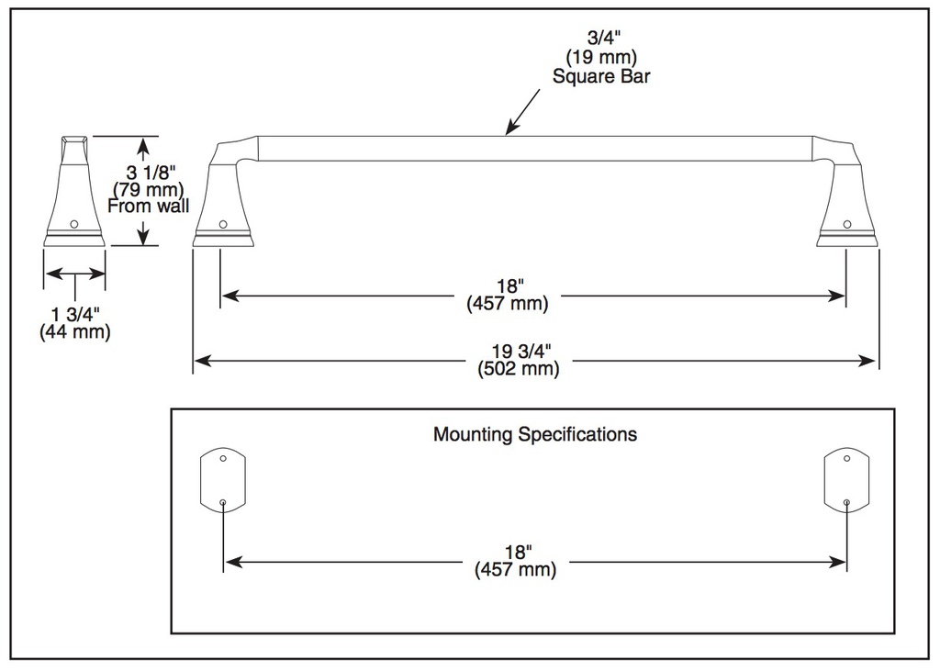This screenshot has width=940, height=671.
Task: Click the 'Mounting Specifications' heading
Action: point(535,435)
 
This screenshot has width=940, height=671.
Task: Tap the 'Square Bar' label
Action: point(601,77)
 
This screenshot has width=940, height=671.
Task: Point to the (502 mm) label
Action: point(519,368)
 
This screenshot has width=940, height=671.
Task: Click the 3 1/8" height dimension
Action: point(151,173)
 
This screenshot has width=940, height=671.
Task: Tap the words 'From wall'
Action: point(148,207)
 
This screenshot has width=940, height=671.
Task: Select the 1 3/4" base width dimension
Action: point(75,314)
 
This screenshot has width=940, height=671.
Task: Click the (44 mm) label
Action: point(75,331)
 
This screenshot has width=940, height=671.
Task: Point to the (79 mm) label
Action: point(149,189)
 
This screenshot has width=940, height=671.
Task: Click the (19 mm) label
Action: point(601,58)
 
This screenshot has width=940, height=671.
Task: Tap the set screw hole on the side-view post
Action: point(74,224)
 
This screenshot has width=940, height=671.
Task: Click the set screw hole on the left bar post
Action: point(223,224)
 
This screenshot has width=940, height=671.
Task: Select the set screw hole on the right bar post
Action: point(847,224)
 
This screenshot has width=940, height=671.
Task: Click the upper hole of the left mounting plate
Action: point(223,459)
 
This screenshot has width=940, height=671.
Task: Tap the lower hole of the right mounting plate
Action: point(846,502)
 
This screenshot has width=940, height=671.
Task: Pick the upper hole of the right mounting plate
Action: point(846,459)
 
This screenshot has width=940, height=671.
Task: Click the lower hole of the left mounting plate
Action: point(223,502)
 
